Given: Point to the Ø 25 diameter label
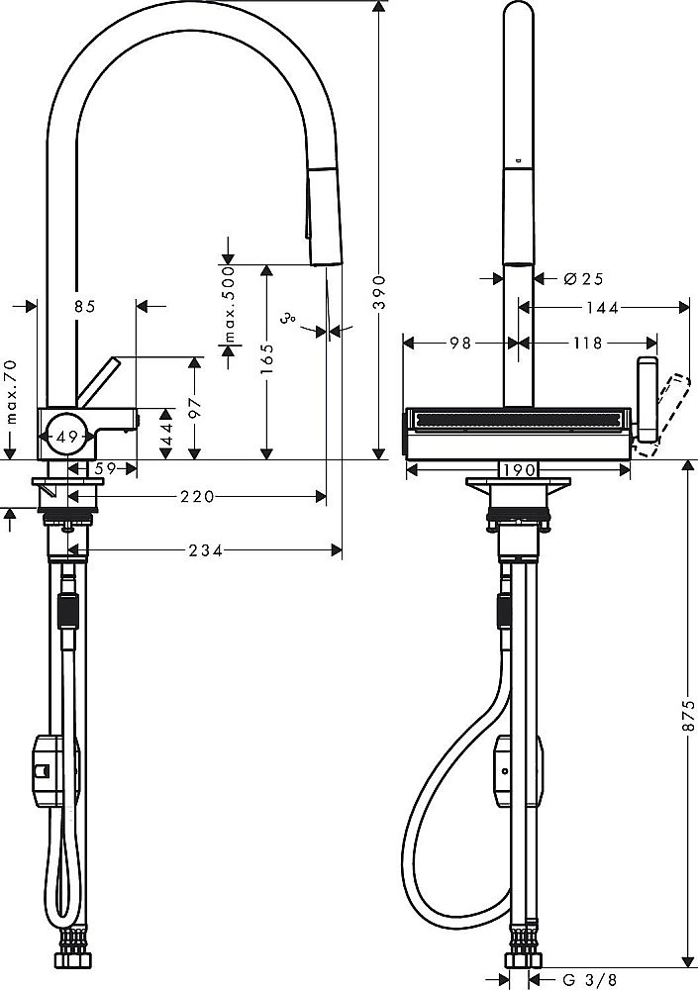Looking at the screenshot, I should pyautogui.click(x=583, y=279).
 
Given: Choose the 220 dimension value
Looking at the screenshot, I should pyautogui.click(x=197, y=496).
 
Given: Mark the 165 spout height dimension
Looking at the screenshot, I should pyautogui.click(x=266, y=361).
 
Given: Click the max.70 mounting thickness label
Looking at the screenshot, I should pyautogui.click(x=10, y=393).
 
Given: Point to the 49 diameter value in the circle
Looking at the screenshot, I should pyautogui.click(x=67, y=437).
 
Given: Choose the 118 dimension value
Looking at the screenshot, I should pyautogui.click(x=587, y=344).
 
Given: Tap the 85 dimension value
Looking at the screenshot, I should pyautogui.click(x=84, y=307).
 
